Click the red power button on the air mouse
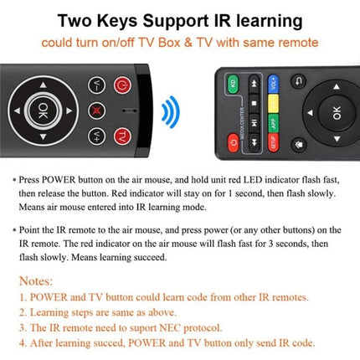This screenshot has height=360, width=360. click(x=122, y=85)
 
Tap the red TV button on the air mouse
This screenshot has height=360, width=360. click(x=122, y=136)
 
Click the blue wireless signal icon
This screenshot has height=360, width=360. click(x=172, y=109)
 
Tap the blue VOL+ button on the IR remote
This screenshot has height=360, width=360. click(x=272, y=84)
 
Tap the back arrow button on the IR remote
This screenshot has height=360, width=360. click(x=299, y=81)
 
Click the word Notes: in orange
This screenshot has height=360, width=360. click(x=31, y=281)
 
